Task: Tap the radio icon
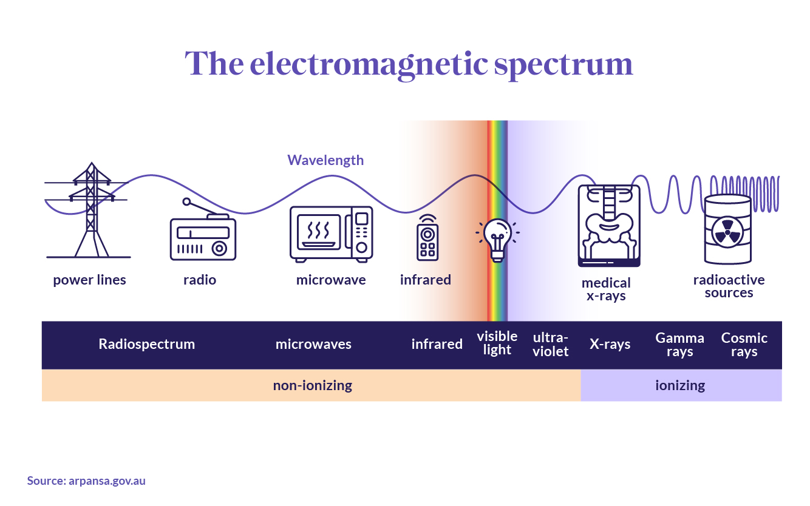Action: (202, 234)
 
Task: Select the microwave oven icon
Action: (331, 234)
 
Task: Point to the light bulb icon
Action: (497, 240)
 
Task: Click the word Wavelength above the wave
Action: (325, 160)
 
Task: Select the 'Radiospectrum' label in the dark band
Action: (147, 344)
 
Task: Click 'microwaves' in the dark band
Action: (313, 344)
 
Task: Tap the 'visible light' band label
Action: (497, 343)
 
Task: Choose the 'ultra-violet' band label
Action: (551, 344)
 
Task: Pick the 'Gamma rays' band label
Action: (680, 345)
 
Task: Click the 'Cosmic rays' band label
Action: (744, 345)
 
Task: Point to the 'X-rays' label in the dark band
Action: (610, 344)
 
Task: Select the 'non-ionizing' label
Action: (312, 385)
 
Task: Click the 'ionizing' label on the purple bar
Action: (680, 385)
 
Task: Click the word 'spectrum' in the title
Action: (563, 64)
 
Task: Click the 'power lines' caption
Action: (89, 280)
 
